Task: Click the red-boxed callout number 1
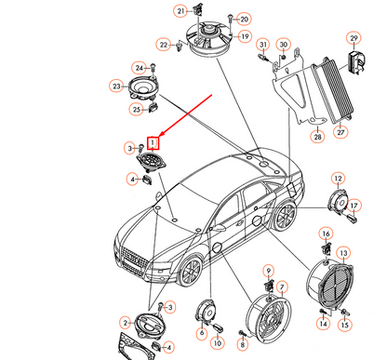(x=155, y=141)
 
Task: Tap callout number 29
(x=354, y=37)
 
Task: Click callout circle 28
(x=317, y=138)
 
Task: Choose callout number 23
(x=118, y=87)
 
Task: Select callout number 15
(x=345, y=325)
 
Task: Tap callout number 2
(x=126, y=322)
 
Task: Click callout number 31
(x=263, y=45)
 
